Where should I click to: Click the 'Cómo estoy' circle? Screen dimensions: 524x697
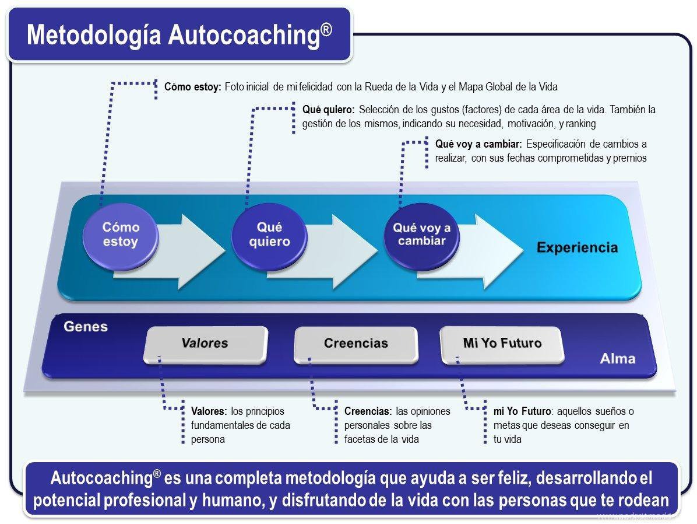[x=121, y=235]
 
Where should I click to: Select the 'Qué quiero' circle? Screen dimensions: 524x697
[x=269, y=235]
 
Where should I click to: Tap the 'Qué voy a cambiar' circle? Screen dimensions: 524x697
[x=421, y=235]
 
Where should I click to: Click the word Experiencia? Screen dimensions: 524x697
[x=577, y=247]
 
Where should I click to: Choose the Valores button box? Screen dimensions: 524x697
[x=205, y=343]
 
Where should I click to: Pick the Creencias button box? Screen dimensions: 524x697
[x=355, y=343]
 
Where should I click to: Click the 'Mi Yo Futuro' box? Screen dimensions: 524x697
[x=502, y=343]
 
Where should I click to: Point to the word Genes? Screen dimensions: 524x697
[x=86, y=326]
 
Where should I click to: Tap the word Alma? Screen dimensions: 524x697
[x=618, y=358]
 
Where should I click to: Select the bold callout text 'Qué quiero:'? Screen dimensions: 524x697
[x=328, y=109]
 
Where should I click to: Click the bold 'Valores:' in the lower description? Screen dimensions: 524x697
[x=209, y=411]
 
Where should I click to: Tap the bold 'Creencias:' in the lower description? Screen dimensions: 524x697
[x=368, y=411]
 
